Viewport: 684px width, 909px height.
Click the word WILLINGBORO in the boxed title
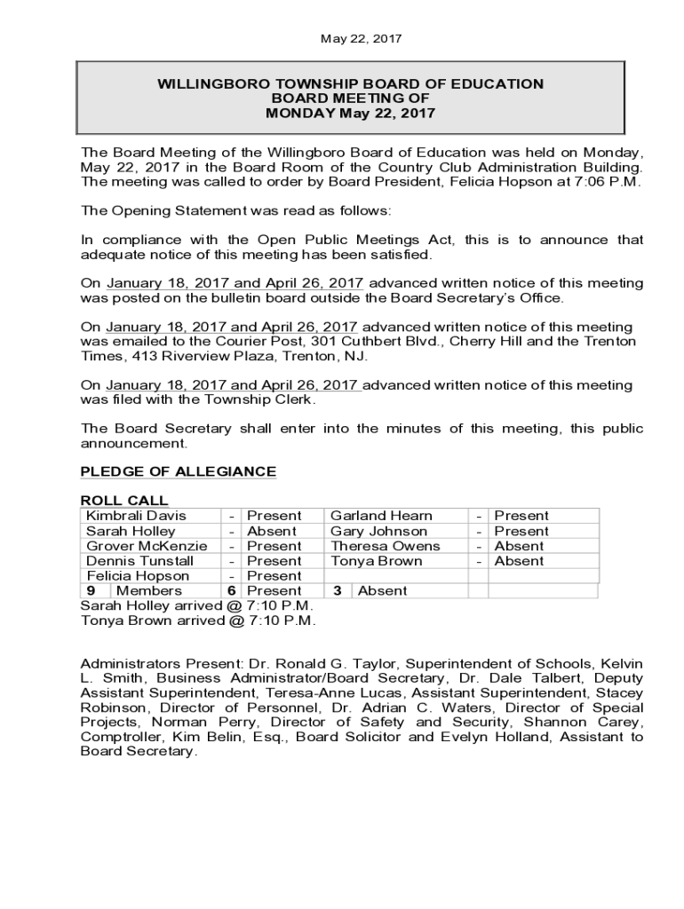point(213,84)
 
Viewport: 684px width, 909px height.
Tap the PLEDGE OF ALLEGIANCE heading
point(178,471)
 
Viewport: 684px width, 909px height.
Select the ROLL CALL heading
point(124,501)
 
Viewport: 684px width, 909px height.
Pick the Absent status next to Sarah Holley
point(272,531)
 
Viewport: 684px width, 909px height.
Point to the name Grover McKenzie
point(147,546)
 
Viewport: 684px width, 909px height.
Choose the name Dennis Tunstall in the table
point(139,561)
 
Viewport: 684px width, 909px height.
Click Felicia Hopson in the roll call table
point(138,576)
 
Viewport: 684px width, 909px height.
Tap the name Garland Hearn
point(381,516)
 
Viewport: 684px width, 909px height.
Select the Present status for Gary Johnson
point(521,531)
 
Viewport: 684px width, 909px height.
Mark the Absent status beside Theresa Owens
point(519,546)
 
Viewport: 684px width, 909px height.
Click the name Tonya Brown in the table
point(377,561)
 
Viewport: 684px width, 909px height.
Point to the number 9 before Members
point(91,591)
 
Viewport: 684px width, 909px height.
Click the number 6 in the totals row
point(231,591)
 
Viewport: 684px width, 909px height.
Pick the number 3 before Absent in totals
point(338,591)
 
